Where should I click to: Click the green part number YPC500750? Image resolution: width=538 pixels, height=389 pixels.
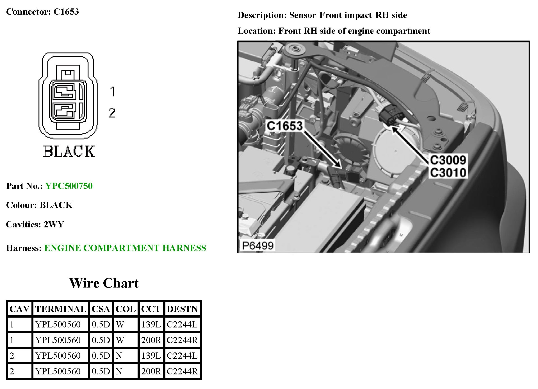coord(69,186)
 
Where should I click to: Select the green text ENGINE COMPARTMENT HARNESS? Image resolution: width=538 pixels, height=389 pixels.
coord(125,248)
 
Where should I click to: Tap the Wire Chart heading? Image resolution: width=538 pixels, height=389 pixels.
coord(104,283)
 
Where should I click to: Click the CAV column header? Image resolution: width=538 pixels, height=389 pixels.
coord(19,309)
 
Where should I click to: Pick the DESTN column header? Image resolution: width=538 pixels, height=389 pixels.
coord(182,309)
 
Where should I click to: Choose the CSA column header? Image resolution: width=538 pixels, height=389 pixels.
coord(101,309)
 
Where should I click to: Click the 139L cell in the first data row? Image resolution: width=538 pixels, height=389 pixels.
coord(151,324)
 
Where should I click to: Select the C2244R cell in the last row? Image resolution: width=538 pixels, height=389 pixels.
coord(182,371)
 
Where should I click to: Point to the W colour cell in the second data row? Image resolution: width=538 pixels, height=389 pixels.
coord(120,340)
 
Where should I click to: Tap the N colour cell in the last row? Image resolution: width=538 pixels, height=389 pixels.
coord(119,371)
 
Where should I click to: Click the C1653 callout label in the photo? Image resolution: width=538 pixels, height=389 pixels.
coord(285,126)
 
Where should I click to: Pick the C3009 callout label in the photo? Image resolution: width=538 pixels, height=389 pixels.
coord(448,160)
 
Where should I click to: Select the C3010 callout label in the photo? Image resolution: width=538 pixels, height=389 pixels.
coord(448,173)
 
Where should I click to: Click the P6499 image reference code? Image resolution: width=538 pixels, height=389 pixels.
coord(257,246)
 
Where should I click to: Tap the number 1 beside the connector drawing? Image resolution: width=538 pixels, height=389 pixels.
coord(113,92)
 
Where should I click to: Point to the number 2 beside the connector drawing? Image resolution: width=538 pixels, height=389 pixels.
coord(112,113)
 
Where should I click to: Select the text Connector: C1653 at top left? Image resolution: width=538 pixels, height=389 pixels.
coord(42,12)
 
